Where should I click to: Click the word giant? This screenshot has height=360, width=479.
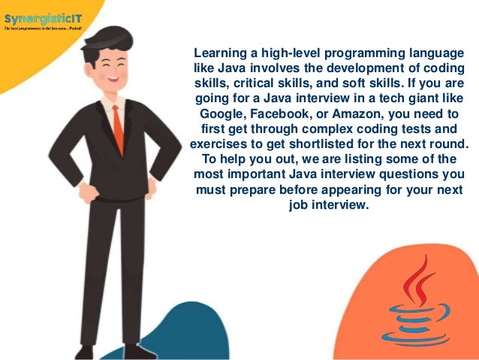[423, 98]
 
